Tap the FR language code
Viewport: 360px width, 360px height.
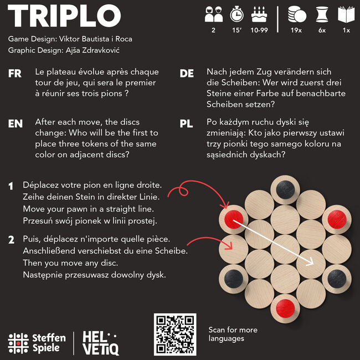click(x=15, y=74)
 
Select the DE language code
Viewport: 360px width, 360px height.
click(x=187, y=74)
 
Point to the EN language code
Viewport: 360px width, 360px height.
click(x=15, y=124)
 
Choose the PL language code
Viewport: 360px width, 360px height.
click(x=187, y=124)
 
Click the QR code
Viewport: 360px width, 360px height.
click(x=175, y=335)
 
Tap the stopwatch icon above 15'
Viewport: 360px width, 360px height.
click(x=237, y=13)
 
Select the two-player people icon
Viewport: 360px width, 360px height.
click(x=213, y=13)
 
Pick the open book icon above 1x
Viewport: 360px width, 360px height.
click(x=346, y=13)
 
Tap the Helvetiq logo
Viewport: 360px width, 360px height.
click(x=100, y=342)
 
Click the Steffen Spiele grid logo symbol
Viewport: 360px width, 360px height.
click(x=18, y=343)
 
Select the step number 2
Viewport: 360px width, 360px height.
click(x=11, y=240)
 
